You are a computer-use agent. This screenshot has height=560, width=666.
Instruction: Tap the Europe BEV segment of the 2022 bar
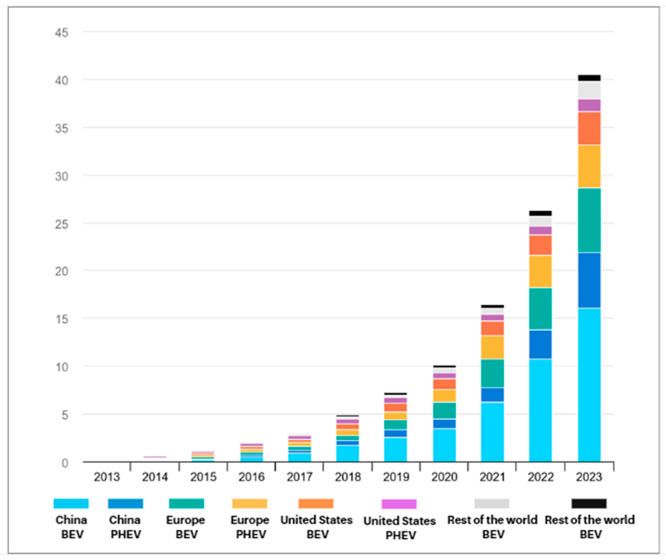click(540, 309)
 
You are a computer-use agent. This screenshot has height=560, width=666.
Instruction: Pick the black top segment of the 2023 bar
click(589, 78)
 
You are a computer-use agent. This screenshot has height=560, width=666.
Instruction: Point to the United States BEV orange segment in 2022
click(540, 245)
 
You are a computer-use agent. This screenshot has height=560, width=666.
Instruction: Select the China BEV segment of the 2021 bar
click(492, 432)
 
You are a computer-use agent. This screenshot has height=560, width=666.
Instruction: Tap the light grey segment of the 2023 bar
click(589, 90)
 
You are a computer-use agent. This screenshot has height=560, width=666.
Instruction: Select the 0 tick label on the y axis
click(65, 463)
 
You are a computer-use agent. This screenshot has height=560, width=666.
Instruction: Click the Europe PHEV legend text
click(250, 527)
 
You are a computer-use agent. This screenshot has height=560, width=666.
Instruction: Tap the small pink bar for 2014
click(155, 457)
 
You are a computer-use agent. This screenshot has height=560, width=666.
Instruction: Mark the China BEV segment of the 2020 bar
click(444, 445)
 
